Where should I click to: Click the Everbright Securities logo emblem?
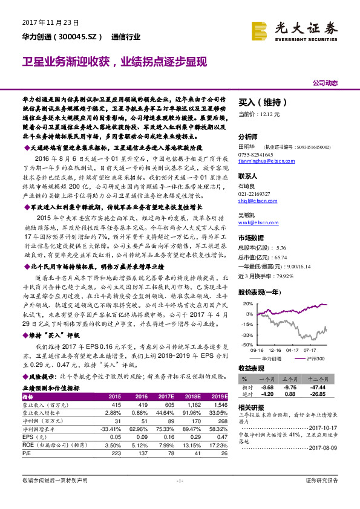261,28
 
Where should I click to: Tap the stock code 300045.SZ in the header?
77,37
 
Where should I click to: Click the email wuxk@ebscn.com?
255,223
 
